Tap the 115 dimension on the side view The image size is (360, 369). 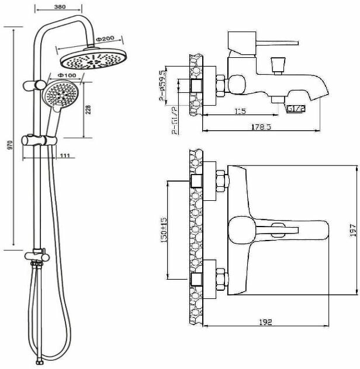pyautogui.click(x=240, y=110)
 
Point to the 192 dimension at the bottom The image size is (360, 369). pyautogui.click(x=265, y=322)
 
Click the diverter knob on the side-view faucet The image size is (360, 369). pyautogui.click(x=278, y=64)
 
